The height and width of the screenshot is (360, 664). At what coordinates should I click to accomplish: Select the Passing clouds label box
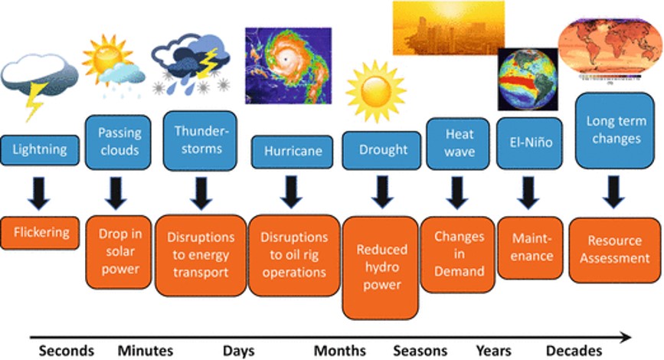(x=119, y=142)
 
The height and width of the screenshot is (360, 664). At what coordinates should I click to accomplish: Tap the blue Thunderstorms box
(x=201, y=139)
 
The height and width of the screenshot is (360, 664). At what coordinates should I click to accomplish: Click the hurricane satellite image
(x=287, y=65)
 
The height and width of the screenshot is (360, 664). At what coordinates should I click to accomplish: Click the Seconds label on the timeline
(x=67, y=351)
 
